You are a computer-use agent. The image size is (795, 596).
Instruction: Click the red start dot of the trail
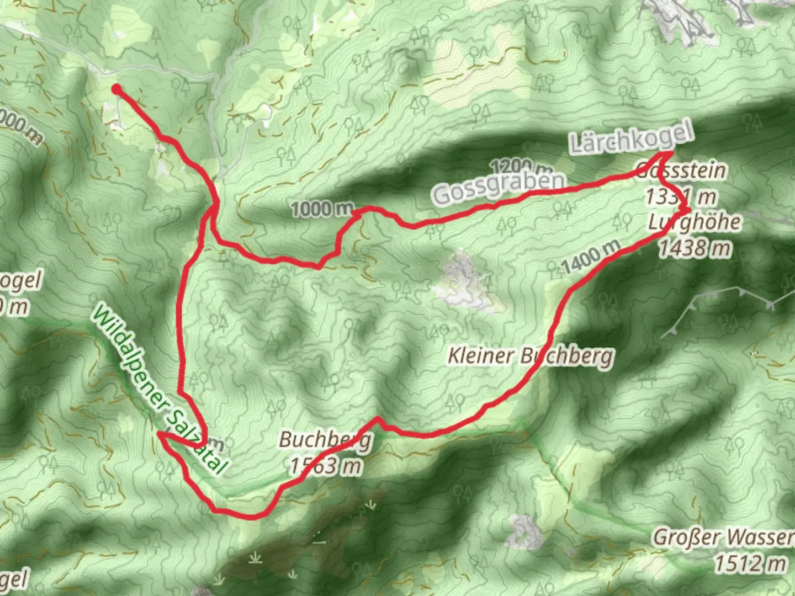116,89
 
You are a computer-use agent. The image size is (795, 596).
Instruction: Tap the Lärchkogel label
631,138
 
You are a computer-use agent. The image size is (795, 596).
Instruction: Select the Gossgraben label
499,187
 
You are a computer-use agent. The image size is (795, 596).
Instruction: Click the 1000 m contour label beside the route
322,209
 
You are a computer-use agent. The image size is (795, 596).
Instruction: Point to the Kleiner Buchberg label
530,356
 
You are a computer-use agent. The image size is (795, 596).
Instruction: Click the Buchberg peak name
325,440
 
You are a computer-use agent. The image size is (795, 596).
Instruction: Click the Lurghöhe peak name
695,222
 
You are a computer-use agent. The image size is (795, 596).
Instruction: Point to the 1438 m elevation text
695,248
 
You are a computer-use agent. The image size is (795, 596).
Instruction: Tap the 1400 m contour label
591,257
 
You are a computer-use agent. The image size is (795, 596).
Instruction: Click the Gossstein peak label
681,171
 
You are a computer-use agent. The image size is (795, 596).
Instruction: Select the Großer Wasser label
723,537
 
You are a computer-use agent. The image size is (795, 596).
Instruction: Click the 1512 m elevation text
751,563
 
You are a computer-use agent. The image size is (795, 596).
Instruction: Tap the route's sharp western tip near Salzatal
159,434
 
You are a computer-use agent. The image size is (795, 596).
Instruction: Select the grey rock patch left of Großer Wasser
524,533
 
